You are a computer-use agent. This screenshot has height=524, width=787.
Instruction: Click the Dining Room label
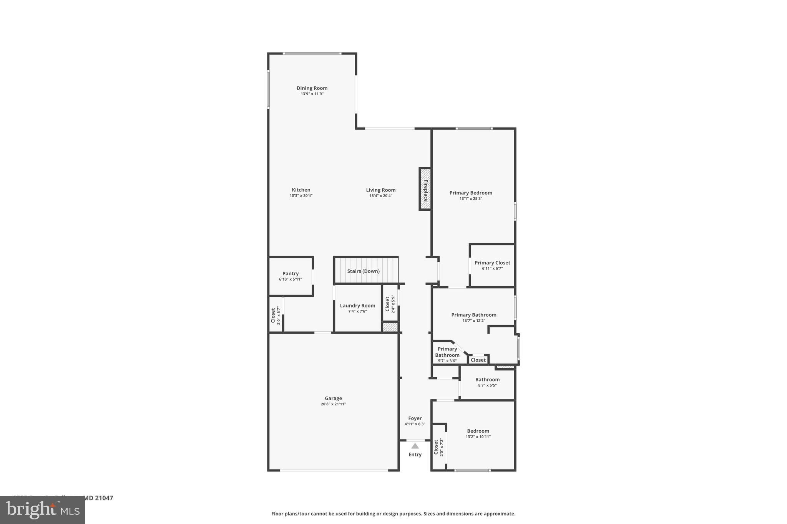312,88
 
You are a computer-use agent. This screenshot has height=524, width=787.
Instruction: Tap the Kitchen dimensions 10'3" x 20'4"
301,195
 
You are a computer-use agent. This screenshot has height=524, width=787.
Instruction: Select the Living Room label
380,190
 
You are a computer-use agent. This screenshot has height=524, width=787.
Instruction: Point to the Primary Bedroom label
471,193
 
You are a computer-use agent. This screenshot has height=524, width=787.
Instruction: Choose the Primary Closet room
492,265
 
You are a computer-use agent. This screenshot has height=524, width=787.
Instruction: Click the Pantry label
291,273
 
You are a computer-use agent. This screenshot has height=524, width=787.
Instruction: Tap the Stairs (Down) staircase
363,271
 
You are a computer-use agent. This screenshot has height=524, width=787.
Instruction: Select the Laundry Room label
357,306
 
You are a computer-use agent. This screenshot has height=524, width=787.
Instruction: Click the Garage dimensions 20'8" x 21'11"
333,404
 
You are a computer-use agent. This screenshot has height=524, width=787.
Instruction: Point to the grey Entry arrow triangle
415,446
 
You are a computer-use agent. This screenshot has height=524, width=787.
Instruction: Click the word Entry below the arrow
415,455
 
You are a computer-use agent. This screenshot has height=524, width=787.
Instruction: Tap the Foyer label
415,418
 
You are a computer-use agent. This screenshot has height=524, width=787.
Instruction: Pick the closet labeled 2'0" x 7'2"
438,447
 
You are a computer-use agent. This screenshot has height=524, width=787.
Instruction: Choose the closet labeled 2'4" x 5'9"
390,304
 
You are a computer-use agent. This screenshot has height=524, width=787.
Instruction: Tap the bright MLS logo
43,510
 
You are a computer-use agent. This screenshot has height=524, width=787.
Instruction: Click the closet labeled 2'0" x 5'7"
276,315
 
